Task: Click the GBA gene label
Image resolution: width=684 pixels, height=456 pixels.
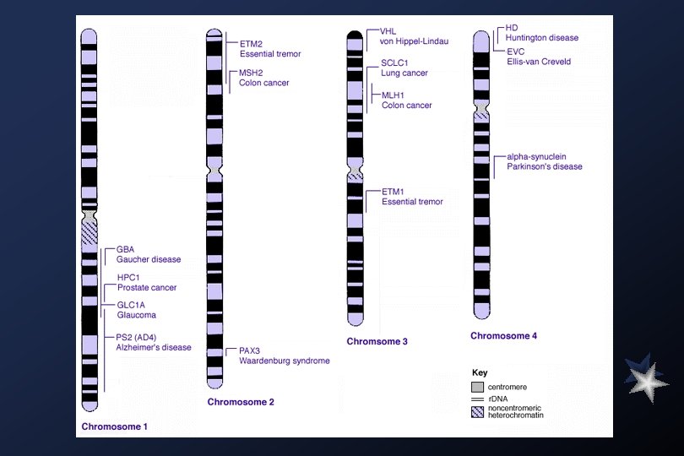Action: coord(126,249)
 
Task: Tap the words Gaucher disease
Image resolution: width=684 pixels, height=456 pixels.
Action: coord(149,259)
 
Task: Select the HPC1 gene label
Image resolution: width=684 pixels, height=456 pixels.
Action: coord(129,278)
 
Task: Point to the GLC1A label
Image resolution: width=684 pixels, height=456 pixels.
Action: coord(131,305)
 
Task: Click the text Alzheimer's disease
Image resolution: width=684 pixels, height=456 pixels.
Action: coord(154,347)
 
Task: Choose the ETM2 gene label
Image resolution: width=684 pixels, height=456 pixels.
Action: coord(251,43)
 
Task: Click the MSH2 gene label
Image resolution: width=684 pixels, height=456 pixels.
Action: coord(252,73)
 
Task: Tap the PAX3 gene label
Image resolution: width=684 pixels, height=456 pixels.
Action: coord(250,350)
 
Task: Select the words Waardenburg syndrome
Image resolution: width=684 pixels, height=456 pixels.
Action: coord(284,361)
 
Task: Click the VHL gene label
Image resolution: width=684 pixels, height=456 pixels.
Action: coord(388,31)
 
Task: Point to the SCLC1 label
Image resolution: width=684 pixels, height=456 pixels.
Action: coord(395,63)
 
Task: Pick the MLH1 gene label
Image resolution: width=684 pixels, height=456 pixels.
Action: coord(393,95)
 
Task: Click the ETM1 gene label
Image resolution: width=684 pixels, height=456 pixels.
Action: coord(393,192)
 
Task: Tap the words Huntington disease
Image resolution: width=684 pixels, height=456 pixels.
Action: coord(542,38)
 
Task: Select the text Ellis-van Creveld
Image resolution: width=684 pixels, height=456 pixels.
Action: coord(538,62)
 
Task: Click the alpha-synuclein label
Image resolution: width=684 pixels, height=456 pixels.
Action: coord(536,157)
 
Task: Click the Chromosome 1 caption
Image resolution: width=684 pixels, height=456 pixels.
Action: coord(114,426)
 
